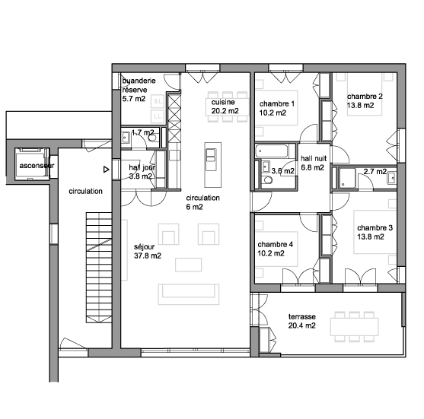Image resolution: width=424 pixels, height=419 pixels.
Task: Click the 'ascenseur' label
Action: coord(37,166)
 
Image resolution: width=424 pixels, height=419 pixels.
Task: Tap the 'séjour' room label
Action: coord(144,246)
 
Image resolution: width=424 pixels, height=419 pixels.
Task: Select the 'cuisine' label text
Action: coord(223,102)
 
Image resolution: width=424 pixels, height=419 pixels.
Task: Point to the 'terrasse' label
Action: coord(301,316)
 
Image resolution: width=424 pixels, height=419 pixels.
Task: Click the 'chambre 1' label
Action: coord(276,103)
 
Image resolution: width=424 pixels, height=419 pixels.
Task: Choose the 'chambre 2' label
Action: coord(365,97)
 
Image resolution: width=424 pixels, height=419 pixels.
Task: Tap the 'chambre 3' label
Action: coord(375,228)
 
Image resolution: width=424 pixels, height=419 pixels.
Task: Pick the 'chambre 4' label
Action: coord(275,245)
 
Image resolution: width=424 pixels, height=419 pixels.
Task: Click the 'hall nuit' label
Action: coord(314,159)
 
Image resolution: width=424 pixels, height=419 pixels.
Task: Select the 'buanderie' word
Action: coord(139,81)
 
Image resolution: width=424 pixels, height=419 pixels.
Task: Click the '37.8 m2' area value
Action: coord(148,256)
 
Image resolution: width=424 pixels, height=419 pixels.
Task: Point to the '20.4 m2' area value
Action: coord(301,325)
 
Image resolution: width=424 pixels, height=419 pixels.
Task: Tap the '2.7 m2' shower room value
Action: coord(375,172)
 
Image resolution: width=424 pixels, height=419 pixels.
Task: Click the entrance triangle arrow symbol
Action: coord(107,170)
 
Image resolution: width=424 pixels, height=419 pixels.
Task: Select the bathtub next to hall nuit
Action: coord(272,151)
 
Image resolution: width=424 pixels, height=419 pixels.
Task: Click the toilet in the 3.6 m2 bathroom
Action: coord(268,179)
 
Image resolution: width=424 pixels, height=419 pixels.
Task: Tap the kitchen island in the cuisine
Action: coord(213,165)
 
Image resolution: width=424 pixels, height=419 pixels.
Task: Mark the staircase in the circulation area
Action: coord(99,268)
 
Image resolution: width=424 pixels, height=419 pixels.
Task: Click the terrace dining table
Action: coord(354,327)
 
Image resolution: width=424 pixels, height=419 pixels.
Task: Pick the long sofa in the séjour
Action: coord(189,294)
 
